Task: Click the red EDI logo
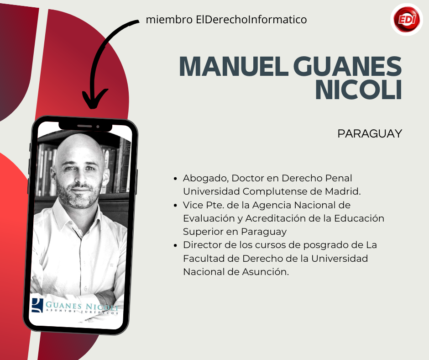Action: point(407,19)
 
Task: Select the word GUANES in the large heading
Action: point(347,66)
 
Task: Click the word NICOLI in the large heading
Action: point(359,90)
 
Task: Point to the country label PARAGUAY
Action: point(370,134)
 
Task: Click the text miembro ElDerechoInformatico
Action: point(226,20)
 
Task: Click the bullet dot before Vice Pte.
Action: point(175,205)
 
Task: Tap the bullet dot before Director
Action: point(175,245)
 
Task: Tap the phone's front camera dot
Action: point(98,127)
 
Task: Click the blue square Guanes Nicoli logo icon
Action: point(37,305)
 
